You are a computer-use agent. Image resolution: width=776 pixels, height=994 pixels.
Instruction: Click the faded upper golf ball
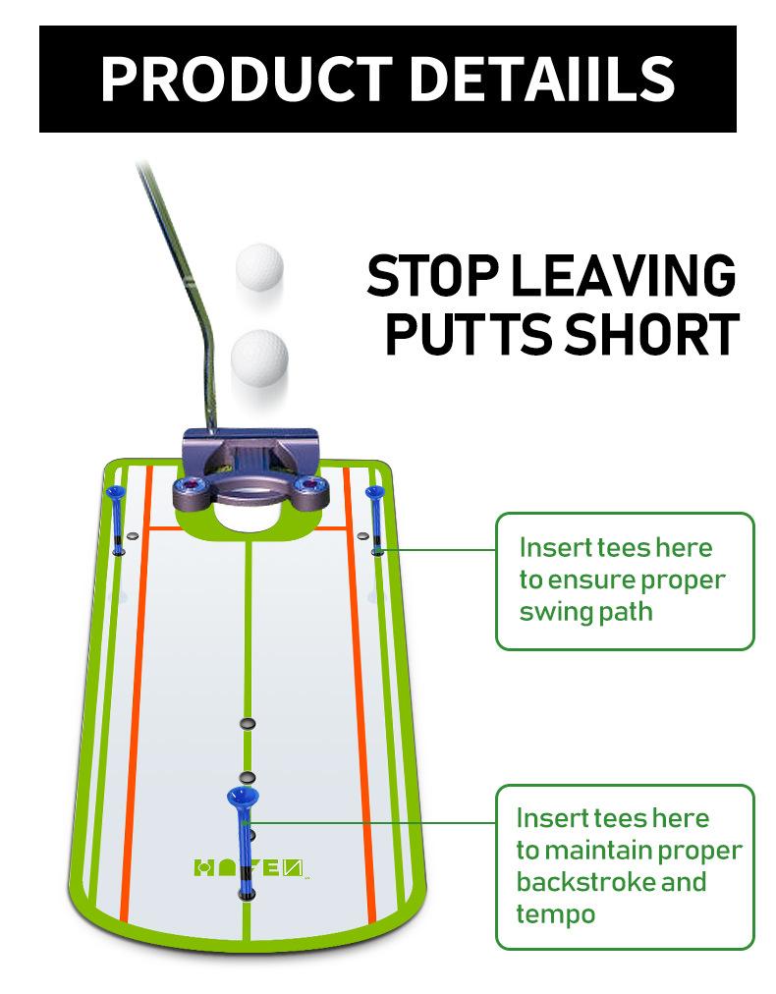click(x=260, y=266)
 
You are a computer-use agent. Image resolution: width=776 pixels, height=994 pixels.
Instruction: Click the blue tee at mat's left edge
click(x=117, y=516)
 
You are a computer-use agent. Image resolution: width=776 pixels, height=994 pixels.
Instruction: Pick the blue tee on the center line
click(x=243, y=835)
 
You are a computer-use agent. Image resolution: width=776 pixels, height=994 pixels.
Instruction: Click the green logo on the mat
click(x=250, y=868)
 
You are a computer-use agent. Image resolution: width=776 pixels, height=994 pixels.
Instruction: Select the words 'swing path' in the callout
click(x=585, y=612)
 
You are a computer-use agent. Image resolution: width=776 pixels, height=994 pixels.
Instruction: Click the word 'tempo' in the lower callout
click(x=556, y=914)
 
